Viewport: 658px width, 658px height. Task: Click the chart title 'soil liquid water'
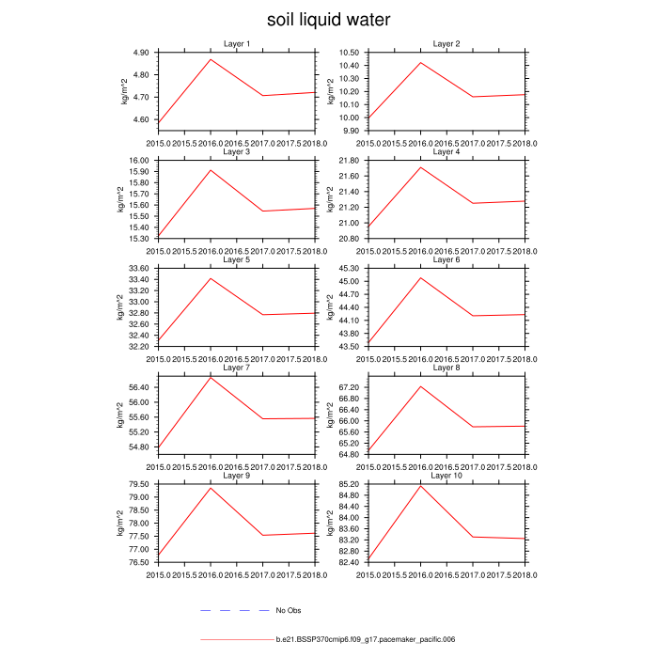coord(328,20)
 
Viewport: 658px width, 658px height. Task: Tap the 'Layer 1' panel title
coord(236,43)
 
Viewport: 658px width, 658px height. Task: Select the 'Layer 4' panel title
coord(446,151)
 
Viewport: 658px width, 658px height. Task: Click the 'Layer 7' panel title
coord(236,368)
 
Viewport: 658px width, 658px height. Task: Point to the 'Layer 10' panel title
coord(446,476)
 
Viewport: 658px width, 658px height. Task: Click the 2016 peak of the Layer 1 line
coord(210,59)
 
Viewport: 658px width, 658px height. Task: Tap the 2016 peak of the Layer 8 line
coord(419,386)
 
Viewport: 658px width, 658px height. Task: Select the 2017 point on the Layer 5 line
coord(262,315)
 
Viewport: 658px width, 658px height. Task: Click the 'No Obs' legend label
coord(288,611)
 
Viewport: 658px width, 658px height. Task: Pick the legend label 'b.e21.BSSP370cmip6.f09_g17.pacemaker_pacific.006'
coord(366,640)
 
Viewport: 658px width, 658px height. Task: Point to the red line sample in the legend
coord(236,640)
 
